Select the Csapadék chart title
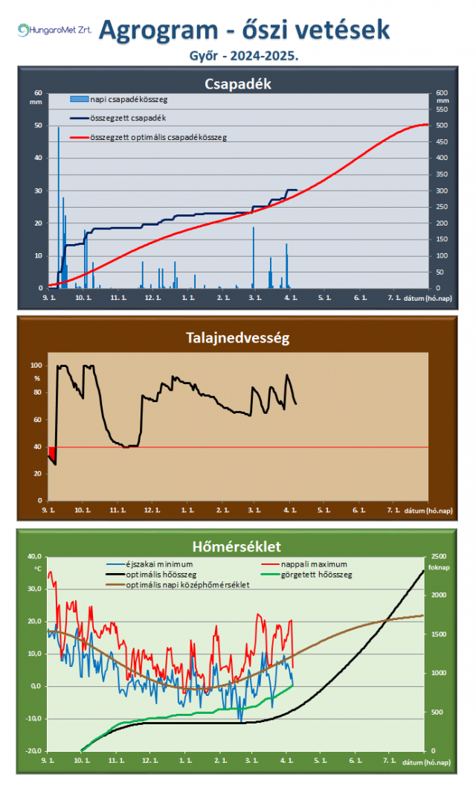(x=237, y=84)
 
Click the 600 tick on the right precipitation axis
(x=443, y=93)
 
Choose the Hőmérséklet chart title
(x=237, y=546)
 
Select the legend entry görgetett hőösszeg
(x=320, y=575)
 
